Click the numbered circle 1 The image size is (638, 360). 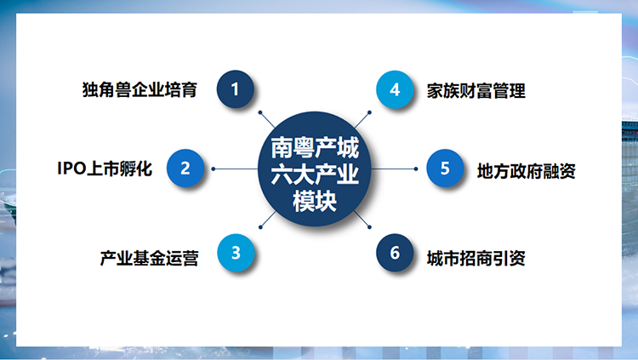235,89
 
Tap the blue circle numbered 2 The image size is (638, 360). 185,168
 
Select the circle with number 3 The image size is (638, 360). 236,253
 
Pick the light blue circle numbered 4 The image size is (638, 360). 395,89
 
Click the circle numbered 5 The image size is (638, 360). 445,168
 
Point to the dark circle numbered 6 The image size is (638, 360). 395,253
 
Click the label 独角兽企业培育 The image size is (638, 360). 140,90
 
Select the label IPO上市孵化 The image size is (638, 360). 105,169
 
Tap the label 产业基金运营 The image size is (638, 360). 150,258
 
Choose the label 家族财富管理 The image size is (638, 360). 476,91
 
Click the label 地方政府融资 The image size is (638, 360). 526,171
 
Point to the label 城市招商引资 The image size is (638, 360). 476,258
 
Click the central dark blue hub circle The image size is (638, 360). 315,169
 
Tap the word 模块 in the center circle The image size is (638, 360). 315,201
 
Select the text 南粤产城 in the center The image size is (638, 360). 315,147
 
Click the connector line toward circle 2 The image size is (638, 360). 236,169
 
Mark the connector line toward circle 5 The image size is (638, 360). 394,169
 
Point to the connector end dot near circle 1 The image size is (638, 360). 260,112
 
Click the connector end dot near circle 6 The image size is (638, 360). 369,227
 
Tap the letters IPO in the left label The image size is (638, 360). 71,169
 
